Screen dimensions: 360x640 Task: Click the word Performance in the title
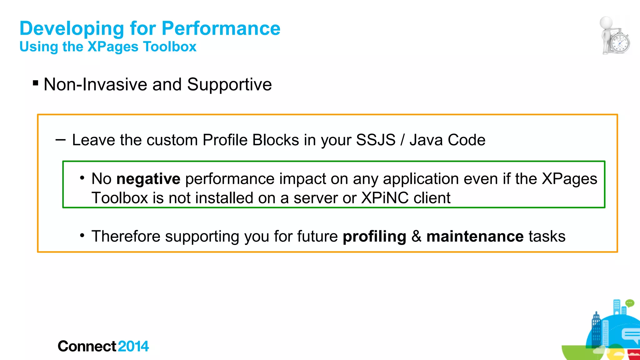221,28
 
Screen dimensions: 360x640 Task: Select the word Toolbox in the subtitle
170,47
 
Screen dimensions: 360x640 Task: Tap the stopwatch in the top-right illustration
620,43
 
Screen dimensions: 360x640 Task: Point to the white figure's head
606,22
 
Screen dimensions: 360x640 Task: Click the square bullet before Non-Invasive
36,83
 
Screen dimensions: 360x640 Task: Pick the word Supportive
229,85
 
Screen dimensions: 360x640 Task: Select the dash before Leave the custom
60,140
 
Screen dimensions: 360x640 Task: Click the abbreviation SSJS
376,140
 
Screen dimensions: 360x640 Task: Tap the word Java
426,140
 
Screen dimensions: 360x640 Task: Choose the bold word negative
148,179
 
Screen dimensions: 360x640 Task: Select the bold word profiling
374,237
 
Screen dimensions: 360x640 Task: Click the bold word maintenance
475,236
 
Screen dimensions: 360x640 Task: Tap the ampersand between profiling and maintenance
416,236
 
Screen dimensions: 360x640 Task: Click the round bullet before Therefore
82,235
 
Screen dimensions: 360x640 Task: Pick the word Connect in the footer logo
87,346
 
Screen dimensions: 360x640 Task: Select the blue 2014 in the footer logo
133,346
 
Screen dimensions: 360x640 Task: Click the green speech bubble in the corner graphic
630,303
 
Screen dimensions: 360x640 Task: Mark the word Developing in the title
72,29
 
